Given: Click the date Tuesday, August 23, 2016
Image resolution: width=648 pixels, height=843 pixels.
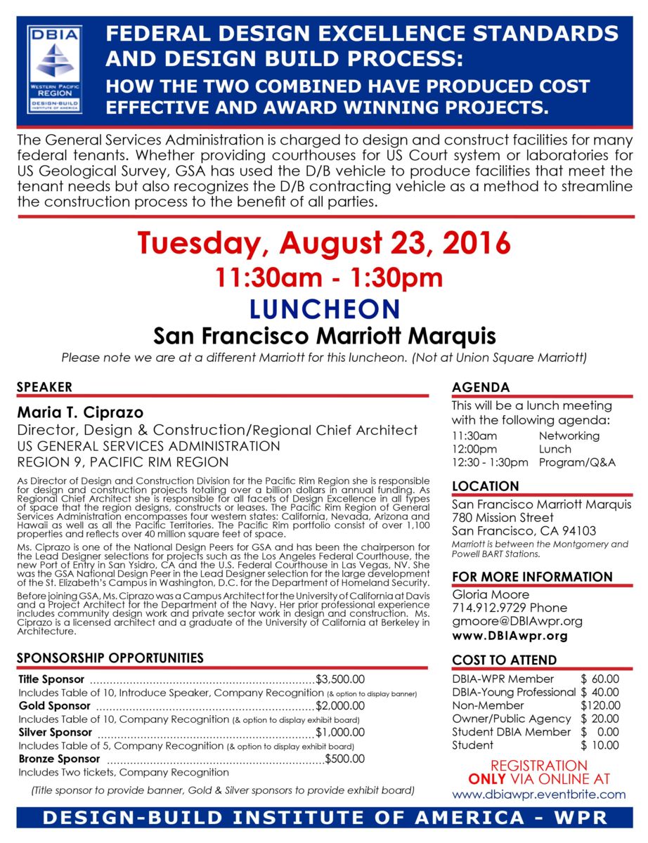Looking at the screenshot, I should [x=324, y=243].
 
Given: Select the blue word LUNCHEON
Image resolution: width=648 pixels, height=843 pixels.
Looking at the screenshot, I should [x=324, y=308].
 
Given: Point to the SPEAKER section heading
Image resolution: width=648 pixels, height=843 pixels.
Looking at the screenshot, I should [x=44, y=387].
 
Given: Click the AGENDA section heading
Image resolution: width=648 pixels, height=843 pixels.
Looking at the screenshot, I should [x=481, y=388].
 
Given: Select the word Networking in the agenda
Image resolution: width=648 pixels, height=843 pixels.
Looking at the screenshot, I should [x=569, y=436].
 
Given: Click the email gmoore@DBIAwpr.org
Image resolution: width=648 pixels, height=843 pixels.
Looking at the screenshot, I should [x=507, y=621].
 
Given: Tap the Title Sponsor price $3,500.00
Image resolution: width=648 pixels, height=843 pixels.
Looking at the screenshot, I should [x=341, y=679].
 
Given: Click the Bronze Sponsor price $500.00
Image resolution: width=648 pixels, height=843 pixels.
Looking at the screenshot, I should [x=346, y=759].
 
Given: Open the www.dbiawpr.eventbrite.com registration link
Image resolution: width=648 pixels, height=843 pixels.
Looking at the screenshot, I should [x=538, y=795].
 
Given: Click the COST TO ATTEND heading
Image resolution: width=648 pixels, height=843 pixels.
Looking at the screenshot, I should [x=504, y=660].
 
